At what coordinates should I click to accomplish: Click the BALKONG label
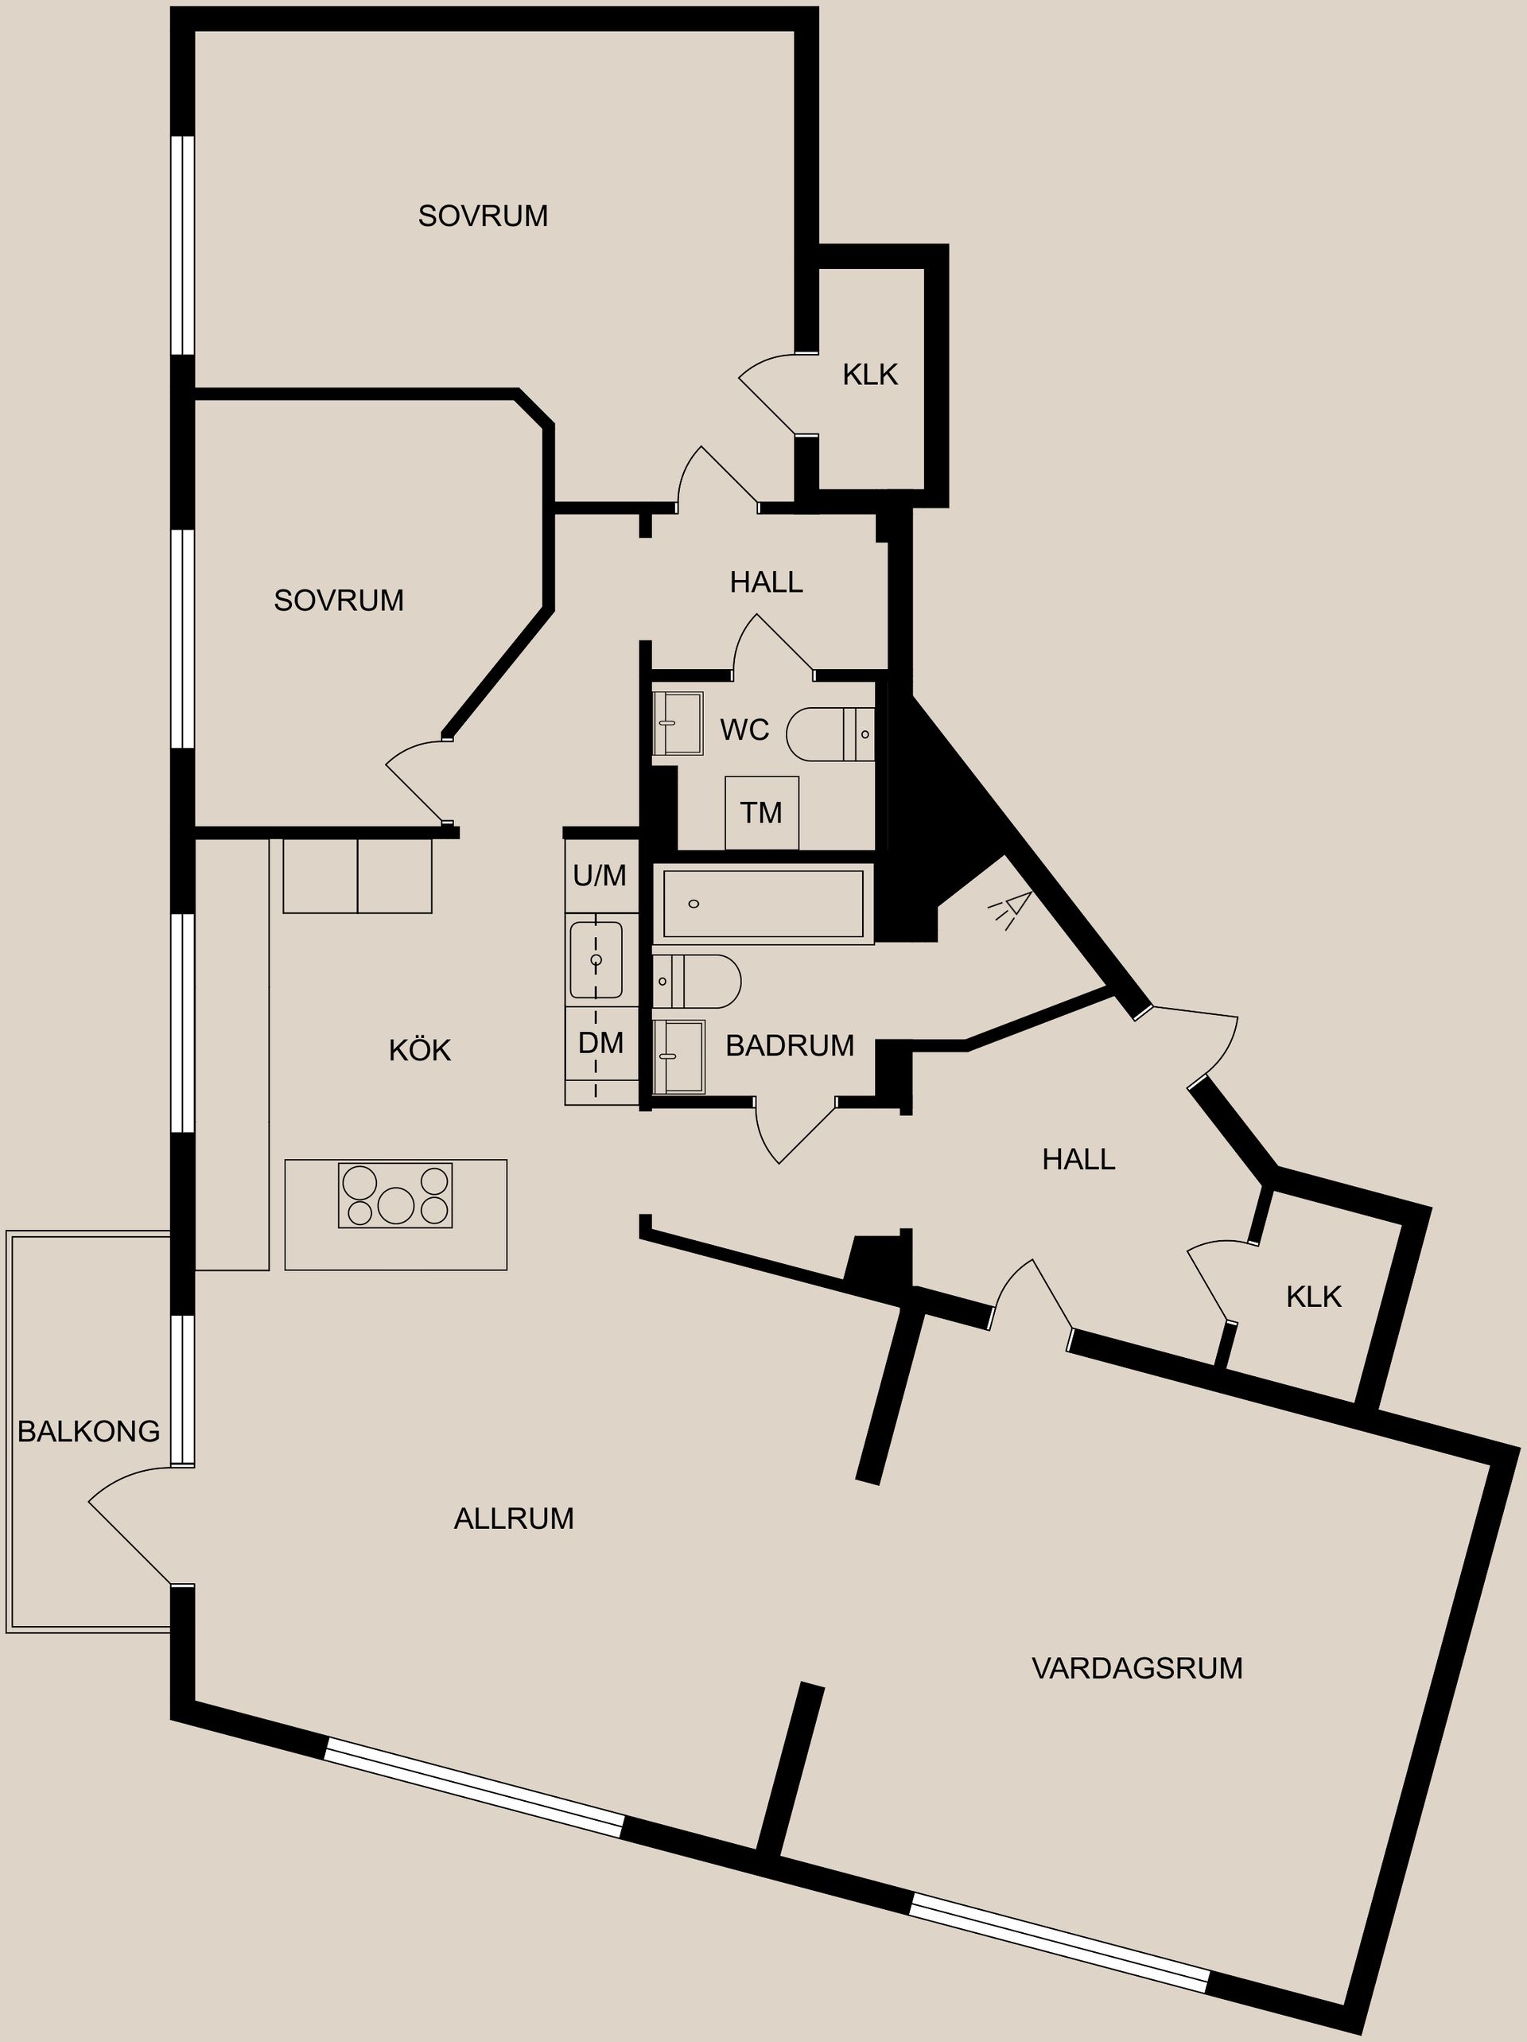click(x=88, y=1431)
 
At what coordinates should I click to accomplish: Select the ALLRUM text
click(x=513, y=1519)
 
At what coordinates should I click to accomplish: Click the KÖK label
click(x=419, y=1049)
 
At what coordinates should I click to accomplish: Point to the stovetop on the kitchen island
click(x=395, y=1196)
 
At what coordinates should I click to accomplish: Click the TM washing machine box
click(x=762, y=812)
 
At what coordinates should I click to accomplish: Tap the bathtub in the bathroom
click(x=763, y=904)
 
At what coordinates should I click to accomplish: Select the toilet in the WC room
click(x=829, y=734)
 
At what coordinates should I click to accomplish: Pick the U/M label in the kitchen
click(x=599, y=875)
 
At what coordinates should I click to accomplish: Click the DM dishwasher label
click(x=601, y=1043)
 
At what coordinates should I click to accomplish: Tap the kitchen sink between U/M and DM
click(x=596, y=960)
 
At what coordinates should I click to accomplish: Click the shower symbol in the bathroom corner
click(x=1012, y=909)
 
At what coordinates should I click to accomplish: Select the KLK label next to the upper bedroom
click(x=869, y=375)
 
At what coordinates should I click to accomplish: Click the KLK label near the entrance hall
click(x=1313, y=1297)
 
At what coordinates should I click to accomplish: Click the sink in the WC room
click(x=678, y=723)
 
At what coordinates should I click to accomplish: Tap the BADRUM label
click(x=790, y=1045)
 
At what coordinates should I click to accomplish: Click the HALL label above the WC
click(x=766, y=581)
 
